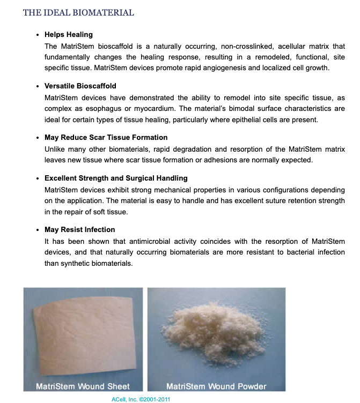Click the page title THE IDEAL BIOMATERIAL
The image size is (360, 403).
tap(78, 12)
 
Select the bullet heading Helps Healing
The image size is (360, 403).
tap(69, 35)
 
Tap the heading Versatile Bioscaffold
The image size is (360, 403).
tap(80, 86)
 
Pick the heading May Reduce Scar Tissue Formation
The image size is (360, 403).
tap(106, 138)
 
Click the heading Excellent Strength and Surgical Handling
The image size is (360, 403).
tap(116, 178)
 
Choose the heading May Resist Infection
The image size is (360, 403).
tap(80, 229)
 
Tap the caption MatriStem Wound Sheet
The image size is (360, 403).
tap(83, 386)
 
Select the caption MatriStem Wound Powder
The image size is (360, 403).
tap(216, 386)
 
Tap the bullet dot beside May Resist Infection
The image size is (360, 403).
tap(37, 230)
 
